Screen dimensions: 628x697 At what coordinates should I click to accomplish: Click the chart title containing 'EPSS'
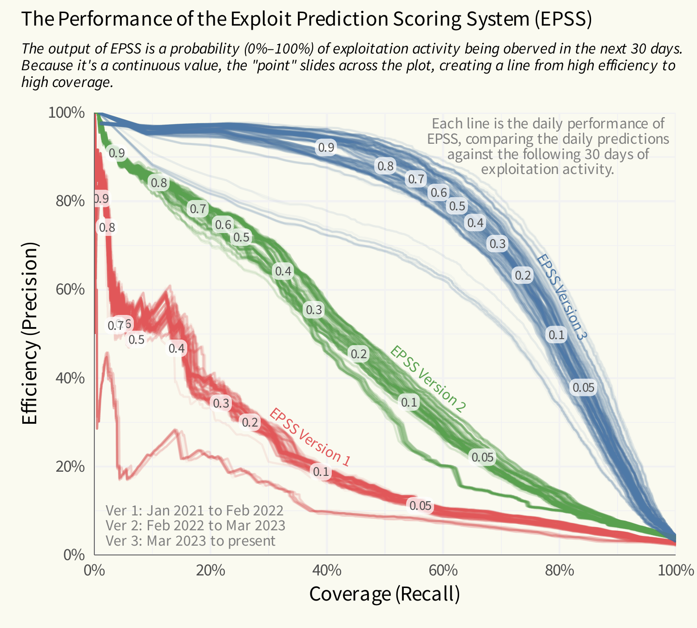tap(307, 20)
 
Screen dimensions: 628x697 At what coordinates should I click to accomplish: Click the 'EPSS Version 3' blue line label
tap(562, 297)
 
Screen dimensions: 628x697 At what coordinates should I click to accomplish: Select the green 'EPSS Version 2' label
tap(427, 379)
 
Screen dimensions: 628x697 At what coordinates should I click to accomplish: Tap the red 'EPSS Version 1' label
tap(309, 437)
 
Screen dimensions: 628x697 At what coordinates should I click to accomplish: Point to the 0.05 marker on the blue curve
tap(583, 387)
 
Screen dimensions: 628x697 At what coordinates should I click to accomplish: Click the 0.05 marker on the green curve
tap(482, 457)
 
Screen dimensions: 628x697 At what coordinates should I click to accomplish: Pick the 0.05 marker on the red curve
tap(420, 506)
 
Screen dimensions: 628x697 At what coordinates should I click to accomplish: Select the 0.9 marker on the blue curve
tap(326, 147)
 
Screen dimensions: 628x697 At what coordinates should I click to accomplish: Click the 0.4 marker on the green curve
tap(283, 271)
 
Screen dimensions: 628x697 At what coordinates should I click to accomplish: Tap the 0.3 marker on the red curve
tap(221, 403)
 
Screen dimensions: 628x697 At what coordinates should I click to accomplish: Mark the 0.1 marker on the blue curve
tap(556, 335)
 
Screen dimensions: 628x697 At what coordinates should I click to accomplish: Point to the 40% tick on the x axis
tap(327, 570)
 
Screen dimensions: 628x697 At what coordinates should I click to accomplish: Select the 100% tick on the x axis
tap(675, 570)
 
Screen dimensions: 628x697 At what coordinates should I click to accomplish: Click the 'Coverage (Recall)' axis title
tap(384, 594)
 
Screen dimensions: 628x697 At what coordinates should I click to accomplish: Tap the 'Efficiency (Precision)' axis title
tap(29, 334)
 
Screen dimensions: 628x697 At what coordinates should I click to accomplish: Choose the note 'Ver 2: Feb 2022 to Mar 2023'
tap(195, 525)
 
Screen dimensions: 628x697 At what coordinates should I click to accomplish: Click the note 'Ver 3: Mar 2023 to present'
tap(191, 541)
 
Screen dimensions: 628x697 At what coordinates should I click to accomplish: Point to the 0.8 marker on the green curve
tap(158, 183)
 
